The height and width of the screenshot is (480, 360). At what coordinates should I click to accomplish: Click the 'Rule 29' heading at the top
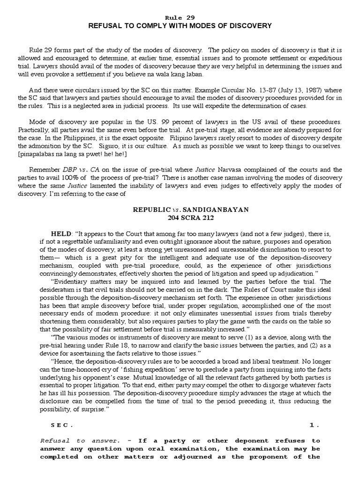coord(180,17)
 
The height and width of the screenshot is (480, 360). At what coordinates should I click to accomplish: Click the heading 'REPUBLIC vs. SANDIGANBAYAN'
coord(180,210)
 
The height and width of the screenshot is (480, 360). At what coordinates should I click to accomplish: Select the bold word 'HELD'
coord(61,233)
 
